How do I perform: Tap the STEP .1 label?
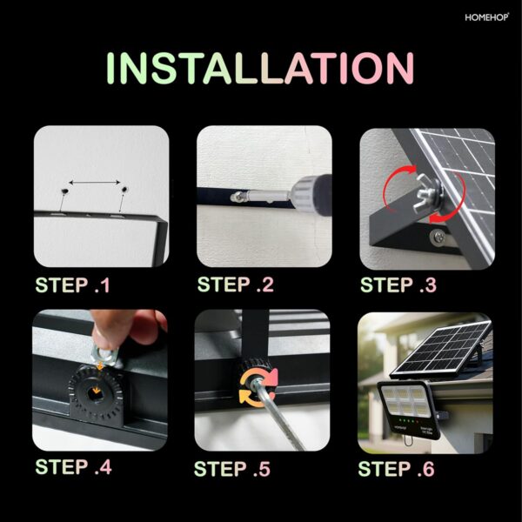[x=73, y=284]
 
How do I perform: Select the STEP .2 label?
[x=236, y=284]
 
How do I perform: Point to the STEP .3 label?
[x=399, y=284]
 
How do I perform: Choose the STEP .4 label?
[x=73, y=466]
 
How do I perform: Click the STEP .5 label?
[x=232, y=469]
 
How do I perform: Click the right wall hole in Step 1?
[x=125, y=188]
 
